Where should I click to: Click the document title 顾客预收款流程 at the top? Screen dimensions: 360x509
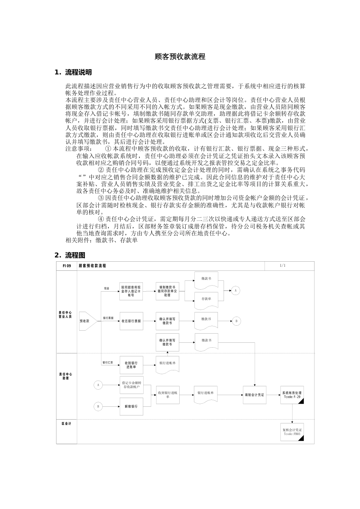(x=180, y=57)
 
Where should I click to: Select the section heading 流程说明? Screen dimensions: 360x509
(x=78, y=72)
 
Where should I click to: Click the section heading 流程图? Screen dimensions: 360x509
(x=75, y=255)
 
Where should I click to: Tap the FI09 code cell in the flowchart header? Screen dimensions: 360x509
(x=67, y=266)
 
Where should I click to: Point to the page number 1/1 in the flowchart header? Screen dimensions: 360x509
(x=283, y=266)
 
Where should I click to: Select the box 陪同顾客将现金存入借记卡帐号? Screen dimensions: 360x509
(x=131, y=292)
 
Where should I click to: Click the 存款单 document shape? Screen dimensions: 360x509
(x=207, y=299)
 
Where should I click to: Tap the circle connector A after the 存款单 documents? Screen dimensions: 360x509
(x=236, y=290)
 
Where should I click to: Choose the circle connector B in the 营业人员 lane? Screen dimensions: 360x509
(x=236, y=321)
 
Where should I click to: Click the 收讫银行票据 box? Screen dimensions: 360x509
(x=131, y=321)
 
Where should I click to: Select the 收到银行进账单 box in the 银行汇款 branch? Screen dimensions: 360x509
(x=131, y=365)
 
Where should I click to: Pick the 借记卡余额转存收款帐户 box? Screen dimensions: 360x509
(x=131, y=385)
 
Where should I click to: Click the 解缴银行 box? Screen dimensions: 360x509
(x=131, y=406)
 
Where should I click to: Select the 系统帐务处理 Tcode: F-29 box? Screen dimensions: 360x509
(x=292, y=395)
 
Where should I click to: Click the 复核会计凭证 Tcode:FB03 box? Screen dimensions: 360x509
(x=292, y=432)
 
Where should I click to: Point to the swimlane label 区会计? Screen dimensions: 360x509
(x=66, y=423)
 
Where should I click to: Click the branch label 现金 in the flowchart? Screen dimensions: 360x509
(x=107, y=289)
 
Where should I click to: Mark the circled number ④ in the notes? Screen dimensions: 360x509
(x=101, y=219)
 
